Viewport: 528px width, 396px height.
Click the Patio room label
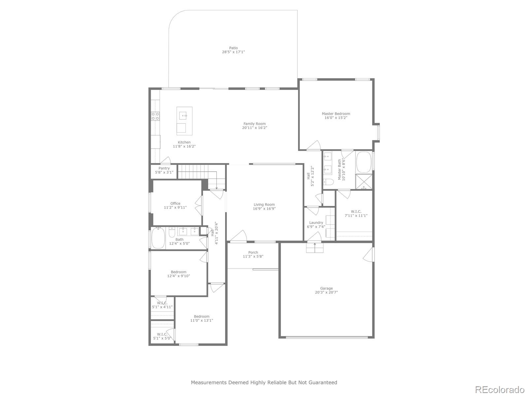point(233,48)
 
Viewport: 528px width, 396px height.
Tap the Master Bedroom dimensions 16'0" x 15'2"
point(336,118)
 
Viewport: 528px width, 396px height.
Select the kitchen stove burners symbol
point(155,116)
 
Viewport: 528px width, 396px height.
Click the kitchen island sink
point(183,115)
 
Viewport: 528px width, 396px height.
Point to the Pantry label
point(164,168)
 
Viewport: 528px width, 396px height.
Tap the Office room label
point(175,203)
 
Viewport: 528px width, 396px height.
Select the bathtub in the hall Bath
point(158,238)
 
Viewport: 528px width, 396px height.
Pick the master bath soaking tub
point(364,162)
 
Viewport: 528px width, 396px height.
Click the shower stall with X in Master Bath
point(364,182)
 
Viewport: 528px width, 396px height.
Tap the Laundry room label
point(316,222)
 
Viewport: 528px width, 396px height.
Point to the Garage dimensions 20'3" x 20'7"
point(326,292)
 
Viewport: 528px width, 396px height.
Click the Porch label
point(253,252)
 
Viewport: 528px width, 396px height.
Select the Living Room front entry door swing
point(239,236)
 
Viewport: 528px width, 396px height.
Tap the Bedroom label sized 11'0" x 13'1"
point(202,316)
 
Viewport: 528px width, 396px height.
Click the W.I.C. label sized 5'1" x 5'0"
point(162,334)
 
